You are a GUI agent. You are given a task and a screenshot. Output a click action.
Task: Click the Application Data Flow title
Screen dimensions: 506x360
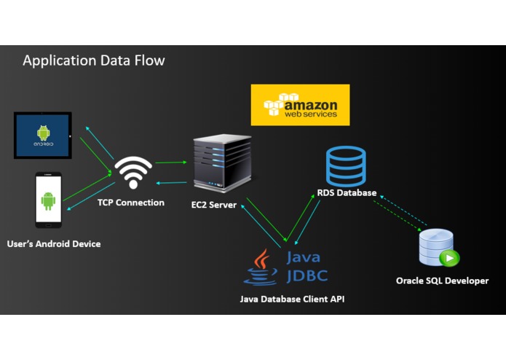click(94, 60)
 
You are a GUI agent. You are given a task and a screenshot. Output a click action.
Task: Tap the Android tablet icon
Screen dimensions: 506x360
click(43, 136)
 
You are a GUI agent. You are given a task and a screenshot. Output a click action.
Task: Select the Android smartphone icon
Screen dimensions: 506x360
click(48, 200)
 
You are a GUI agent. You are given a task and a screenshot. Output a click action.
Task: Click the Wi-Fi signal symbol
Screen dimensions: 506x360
click(133, 172)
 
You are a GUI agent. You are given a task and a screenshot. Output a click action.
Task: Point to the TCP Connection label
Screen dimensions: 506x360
click(131, 203)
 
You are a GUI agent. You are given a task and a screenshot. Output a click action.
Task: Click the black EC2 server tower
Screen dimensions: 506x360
click(222, 163)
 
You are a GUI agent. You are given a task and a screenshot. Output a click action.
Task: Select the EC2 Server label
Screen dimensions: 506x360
click(213, 205)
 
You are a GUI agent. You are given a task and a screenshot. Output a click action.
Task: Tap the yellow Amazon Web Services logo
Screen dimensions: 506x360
click(300, 105)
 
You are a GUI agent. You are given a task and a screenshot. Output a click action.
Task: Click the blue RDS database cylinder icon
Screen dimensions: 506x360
click(346, 166)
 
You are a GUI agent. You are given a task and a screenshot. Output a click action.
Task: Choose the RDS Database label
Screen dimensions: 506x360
click(347, 193)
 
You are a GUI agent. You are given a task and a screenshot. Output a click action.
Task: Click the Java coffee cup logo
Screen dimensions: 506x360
click(261, 267)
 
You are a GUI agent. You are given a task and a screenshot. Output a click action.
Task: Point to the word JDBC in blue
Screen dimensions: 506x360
click(307, 275)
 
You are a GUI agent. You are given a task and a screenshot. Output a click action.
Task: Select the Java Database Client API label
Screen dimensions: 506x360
click(292, 299)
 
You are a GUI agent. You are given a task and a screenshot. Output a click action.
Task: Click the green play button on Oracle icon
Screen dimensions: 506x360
click(449, 258)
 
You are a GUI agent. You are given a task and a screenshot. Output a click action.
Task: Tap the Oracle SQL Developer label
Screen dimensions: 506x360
click(442, 281)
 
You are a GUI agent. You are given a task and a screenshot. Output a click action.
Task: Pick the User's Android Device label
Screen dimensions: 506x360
click(54, 244)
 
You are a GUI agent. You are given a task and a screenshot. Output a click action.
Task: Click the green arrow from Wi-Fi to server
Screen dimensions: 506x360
click(171, 162)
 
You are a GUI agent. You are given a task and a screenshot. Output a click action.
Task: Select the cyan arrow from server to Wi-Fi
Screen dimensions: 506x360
click(171, 183)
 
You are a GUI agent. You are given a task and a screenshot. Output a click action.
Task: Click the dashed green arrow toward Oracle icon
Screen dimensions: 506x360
click(398, 216)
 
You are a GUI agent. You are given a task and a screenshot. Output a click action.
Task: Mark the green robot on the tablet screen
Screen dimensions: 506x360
click(43, 133)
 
